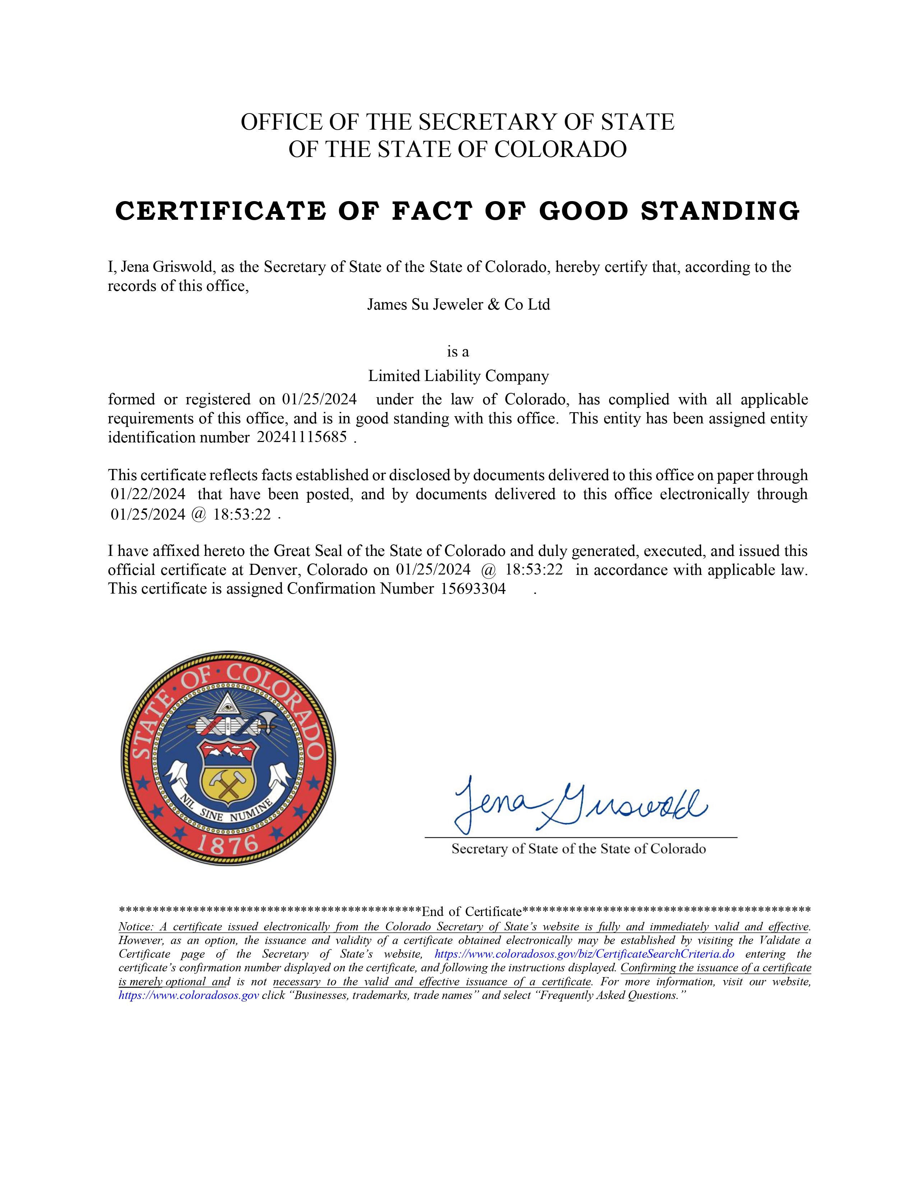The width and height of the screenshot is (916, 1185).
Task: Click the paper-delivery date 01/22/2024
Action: (x=148, y=494)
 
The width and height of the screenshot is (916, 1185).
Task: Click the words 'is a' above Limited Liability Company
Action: (x=457, y=352)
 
